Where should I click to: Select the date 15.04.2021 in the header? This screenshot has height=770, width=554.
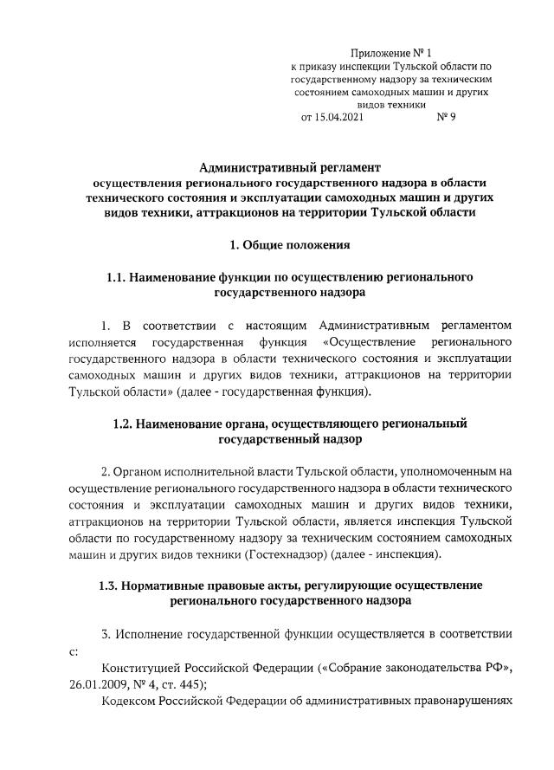[x=332, y=117]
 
